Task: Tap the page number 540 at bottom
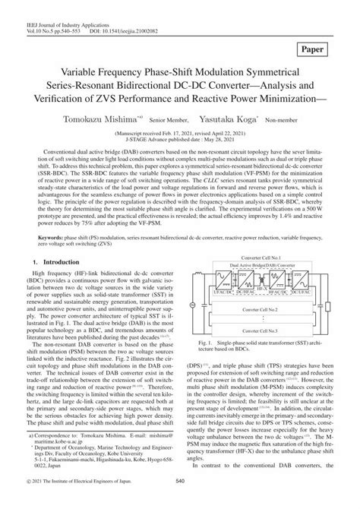pos(180,500)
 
